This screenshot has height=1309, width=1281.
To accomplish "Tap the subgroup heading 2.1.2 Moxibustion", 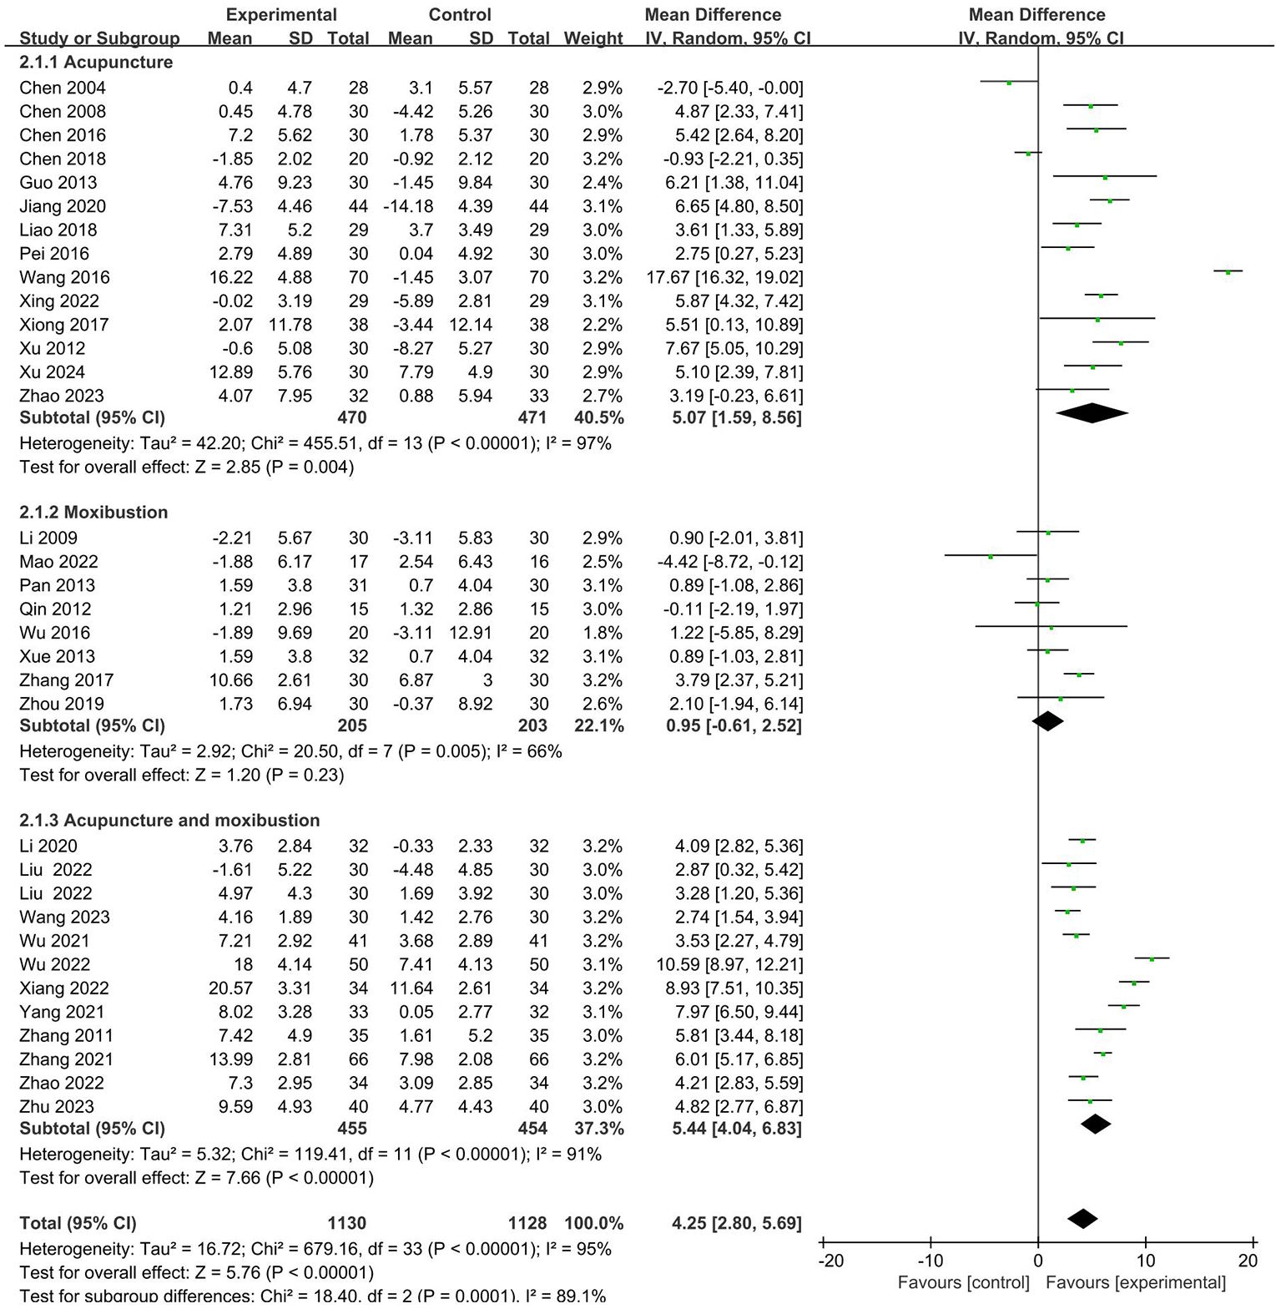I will (93, 512).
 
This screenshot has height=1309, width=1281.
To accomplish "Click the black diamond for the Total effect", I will (1082, 1219).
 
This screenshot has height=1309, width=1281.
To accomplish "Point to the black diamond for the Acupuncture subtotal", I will (1092, 412).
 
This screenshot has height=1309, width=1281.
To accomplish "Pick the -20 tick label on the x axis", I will (830, 1261).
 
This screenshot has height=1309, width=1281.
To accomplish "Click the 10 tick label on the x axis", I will (1145, 1261).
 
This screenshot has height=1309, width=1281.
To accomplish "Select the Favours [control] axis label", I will (963, 1283).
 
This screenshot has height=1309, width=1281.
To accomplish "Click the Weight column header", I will (593, 38).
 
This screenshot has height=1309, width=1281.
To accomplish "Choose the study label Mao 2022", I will (58, 562).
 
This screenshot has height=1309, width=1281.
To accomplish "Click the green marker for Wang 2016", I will (1228, 272).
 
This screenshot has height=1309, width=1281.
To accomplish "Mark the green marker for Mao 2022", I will (991, 556).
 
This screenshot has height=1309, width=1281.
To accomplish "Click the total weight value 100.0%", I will (593, 1224).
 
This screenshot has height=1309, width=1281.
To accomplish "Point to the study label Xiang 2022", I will (64, 988).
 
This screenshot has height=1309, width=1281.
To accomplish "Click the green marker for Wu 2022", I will (1152, 959).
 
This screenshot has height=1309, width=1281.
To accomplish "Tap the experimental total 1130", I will (346, 1224).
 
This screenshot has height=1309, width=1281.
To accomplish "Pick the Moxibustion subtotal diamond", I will (1048, 720).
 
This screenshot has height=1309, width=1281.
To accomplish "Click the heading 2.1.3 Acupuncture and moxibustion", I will (169, 820).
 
